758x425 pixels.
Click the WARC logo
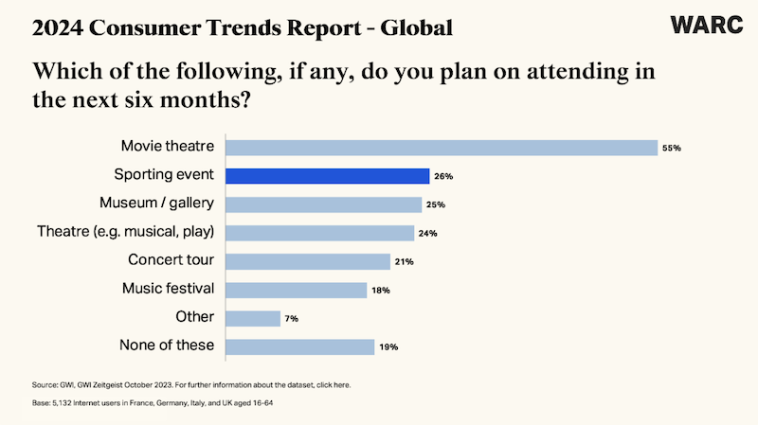(x=707, y=26)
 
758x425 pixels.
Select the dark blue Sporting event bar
(x=329, y=176)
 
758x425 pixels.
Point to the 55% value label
(x=672, y=148)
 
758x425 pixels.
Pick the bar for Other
(x=254, y=318)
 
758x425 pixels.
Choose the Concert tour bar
(x=309, y=261)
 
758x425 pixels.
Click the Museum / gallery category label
(x=156, y=204)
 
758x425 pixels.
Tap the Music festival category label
(x=168, y=289)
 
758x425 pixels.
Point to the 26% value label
(x=443, y=176)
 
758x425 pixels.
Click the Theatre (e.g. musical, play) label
(x=125, y=232)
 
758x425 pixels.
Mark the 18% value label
(x=380, y=290)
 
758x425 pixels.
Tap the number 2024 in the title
(x=56, y=28)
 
